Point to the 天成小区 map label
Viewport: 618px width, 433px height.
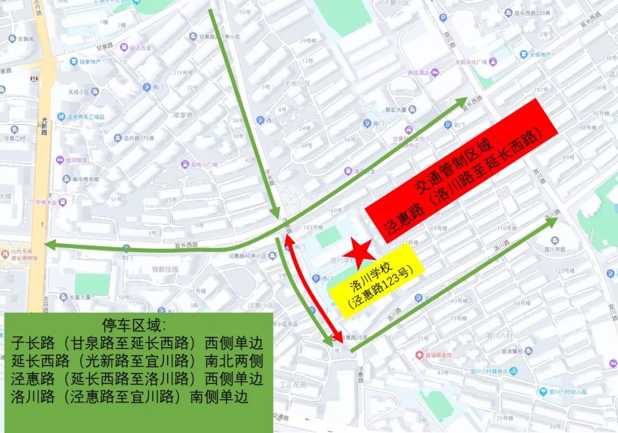coord(79,92)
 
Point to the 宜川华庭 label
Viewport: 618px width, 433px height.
coord(555,249)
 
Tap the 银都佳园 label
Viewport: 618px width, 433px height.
coord(165,268)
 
